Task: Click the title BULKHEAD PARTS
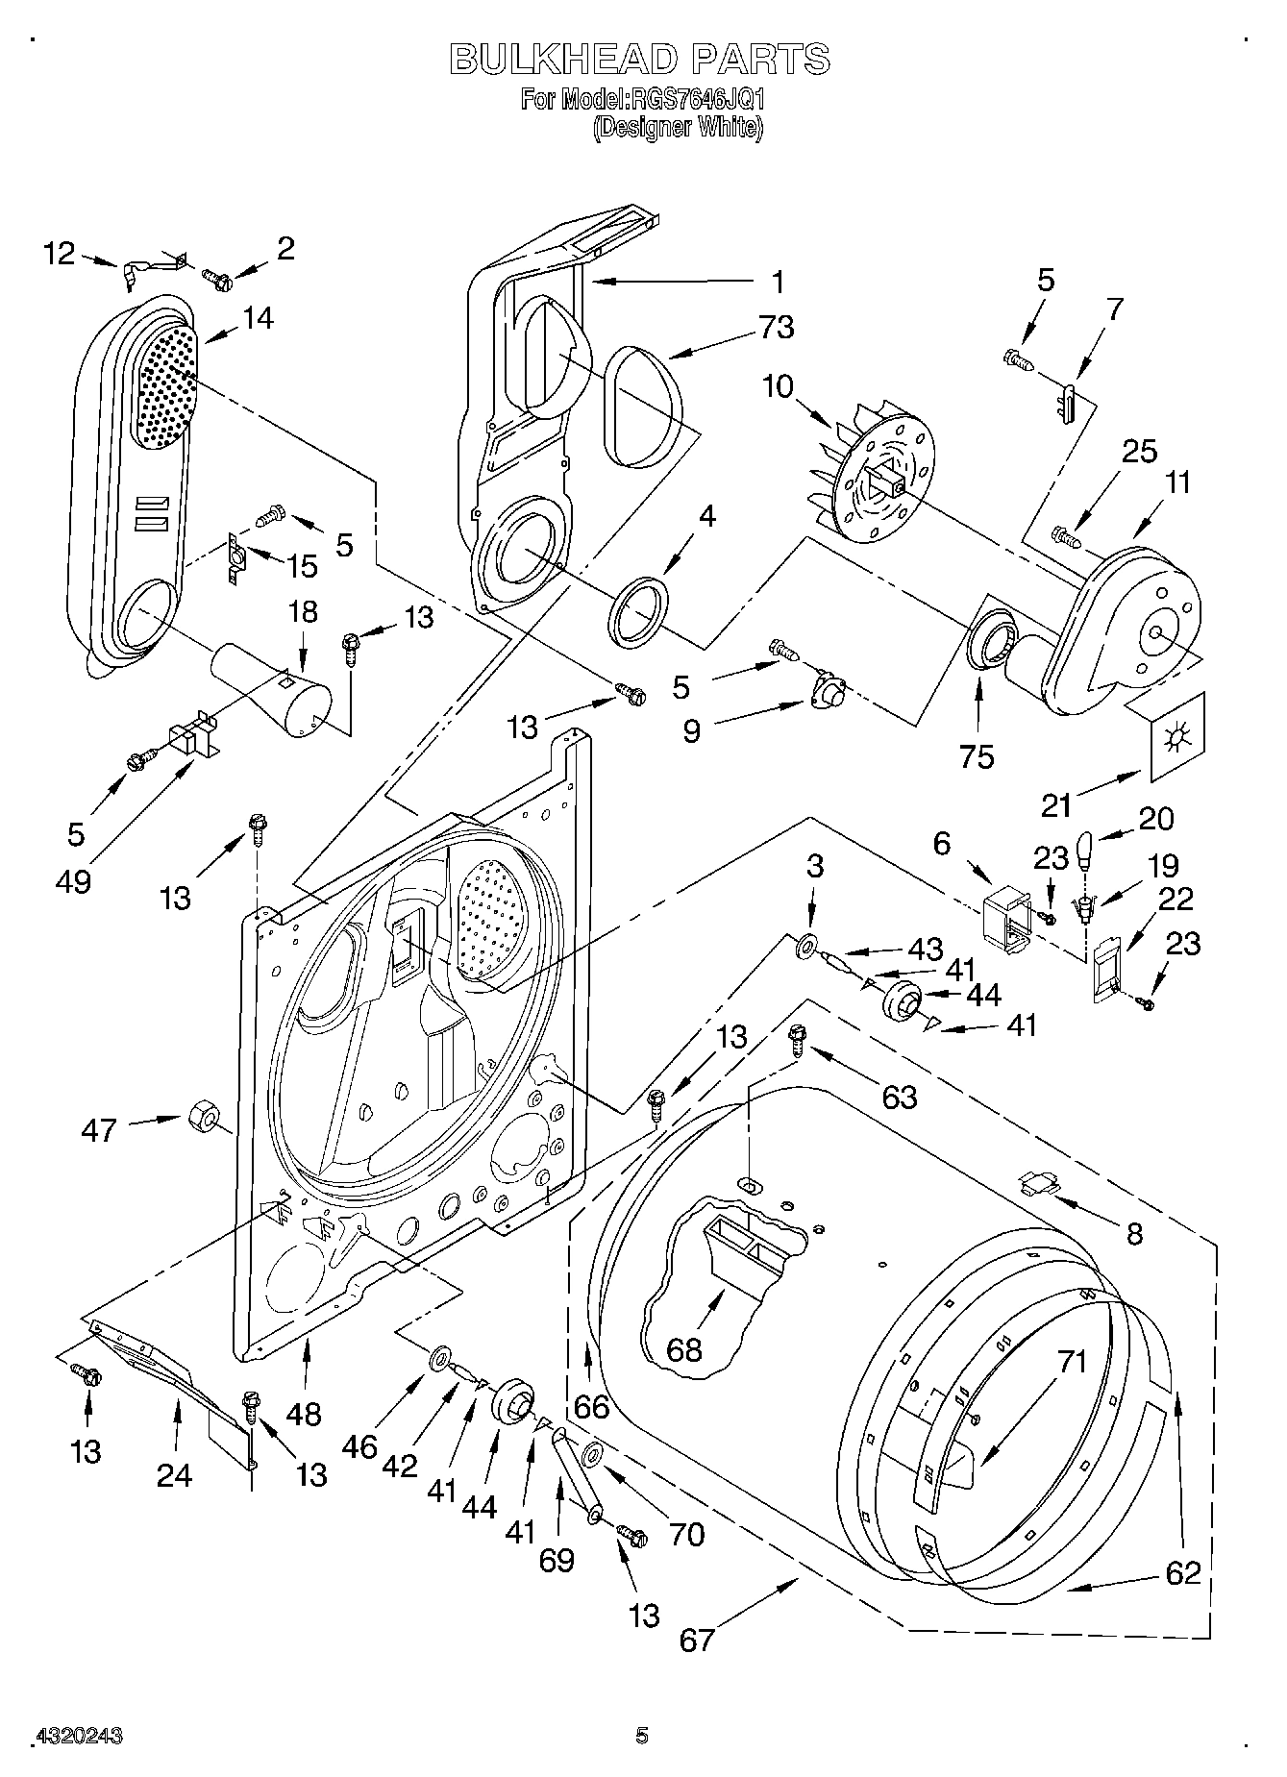(640, 60)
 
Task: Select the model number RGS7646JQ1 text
(695, 99)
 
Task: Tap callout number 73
(776, 328)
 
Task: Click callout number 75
(977, 756)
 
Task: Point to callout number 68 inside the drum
(683, 1349)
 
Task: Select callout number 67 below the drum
(697, 1638)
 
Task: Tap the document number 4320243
(79, 1736)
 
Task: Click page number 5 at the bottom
(642, 1736)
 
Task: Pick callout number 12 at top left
(60, 254)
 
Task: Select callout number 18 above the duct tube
(303, 612)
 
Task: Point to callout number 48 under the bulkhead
(304, 1413)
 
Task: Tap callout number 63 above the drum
(900, 1096)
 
